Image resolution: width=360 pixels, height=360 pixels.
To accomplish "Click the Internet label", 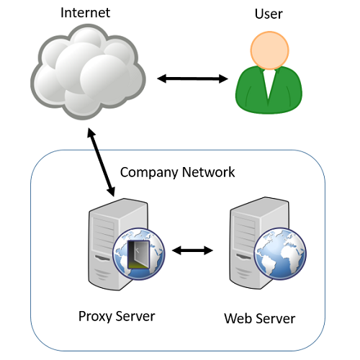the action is (x=85, y=12).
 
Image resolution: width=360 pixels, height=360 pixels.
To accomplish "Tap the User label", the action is (x=269, y=14).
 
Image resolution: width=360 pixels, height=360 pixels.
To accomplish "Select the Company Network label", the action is (x=177, y=172).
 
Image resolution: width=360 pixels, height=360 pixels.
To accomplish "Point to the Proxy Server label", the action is (x=117, y=316).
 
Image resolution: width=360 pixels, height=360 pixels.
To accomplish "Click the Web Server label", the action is (x=260, y=318).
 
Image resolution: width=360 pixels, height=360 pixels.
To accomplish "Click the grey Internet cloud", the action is (x=88, y=71).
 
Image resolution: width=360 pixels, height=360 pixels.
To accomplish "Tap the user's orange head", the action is (x=270, y=50).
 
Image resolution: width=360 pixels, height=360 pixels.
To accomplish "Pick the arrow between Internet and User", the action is (x=192, y=78).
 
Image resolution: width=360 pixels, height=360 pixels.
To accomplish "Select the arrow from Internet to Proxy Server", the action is (x=101, y=162).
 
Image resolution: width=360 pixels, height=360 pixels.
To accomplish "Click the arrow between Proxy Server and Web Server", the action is (x=192, y=251).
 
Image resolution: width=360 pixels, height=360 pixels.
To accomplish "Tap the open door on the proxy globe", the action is (x=139, y=254).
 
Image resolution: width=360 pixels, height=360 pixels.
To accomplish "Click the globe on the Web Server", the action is (x=280, y=253).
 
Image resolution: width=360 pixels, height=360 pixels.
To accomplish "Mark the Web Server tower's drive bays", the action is (x=245, y=233).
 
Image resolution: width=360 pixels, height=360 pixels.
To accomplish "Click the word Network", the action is (x=208, y=172).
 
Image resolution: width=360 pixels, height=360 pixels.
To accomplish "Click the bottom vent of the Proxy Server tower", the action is (x=102, y=274).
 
